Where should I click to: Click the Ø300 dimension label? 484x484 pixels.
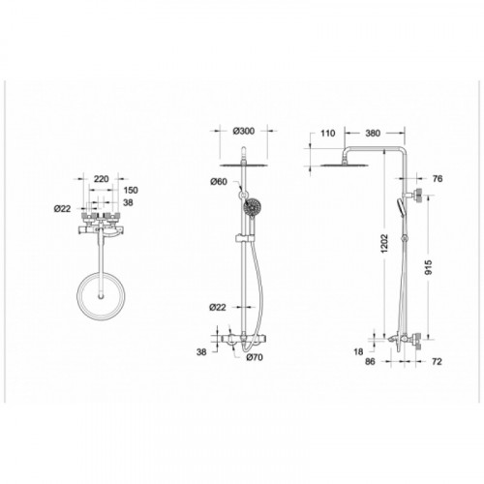coord(243,131)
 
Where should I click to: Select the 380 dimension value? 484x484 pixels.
coord(373,133)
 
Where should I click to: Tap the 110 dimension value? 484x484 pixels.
coord(328,133)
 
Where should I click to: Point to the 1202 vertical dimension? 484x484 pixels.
coord(385,243)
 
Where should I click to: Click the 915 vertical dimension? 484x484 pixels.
coord(428,267)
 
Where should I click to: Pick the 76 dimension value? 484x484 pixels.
coord(438,178)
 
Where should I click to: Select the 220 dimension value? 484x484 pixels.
coord(101,178)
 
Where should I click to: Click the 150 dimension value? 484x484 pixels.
coord(130,190)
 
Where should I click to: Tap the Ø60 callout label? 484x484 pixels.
coord(219,182)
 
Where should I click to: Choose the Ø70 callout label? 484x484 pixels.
coord(255,357)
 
